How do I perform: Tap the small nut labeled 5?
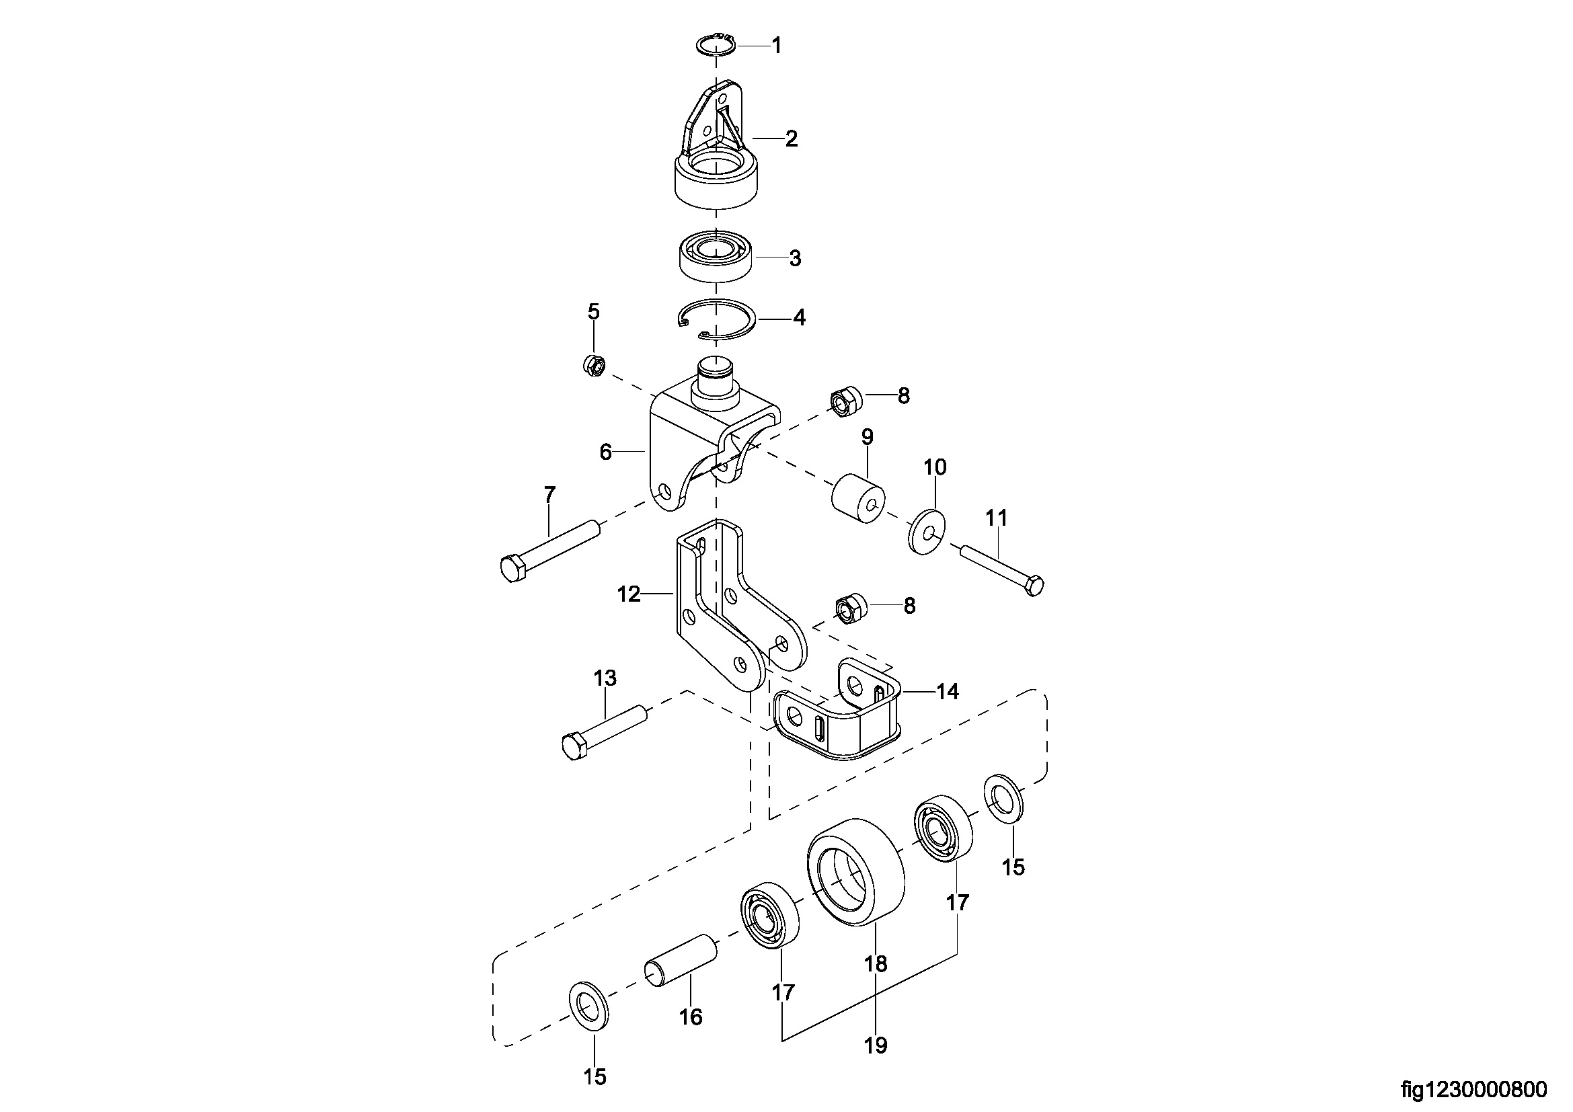pyautogui.click(x=593, y=365)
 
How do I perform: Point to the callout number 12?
pyautogui.click(x=628, y=594)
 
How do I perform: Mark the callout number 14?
pyautogui.click(x=948, y=692)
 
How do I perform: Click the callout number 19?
pyautogui.click(x=876, y=1045)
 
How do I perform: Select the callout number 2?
pyautogui.click(x=792, y=139)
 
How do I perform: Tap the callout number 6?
pyautogui.click(x=605, y=452)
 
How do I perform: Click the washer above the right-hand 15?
pyautogui.click(x=1005, y=796)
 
